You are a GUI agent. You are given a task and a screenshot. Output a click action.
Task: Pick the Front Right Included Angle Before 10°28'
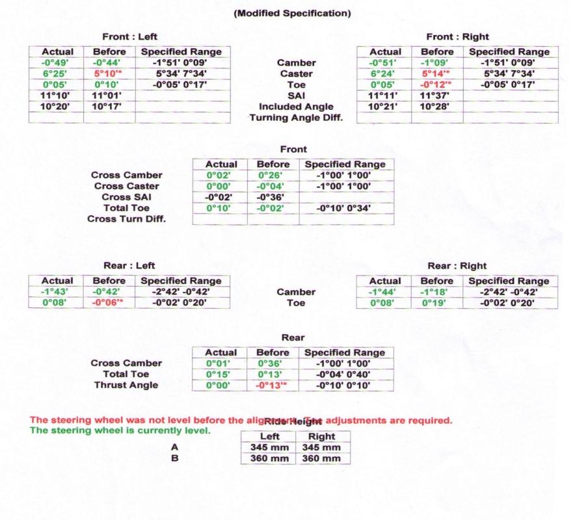click(436, 107)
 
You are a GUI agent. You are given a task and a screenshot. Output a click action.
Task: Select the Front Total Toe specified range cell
click(345, 208)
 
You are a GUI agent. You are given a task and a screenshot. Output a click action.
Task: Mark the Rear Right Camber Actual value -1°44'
click(384, 292)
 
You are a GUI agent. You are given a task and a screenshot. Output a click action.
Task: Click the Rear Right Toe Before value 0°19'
click(436, 303)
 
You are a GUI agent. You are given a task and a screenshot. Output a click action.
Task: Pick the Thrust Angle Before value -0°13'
click(273, 385)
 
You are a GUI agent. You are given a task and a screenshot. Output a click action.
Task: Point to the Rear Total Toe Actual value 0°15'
click(221, 374)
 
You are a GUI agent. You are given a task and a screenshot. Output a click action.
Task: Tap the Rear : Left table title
click(129, 266)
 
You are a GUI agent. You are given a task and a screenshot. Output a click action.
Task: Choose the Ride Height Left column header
click(269, 437)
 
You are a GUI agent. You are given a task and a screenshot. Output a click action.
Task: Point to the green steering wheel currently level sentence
click(120, 430)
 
